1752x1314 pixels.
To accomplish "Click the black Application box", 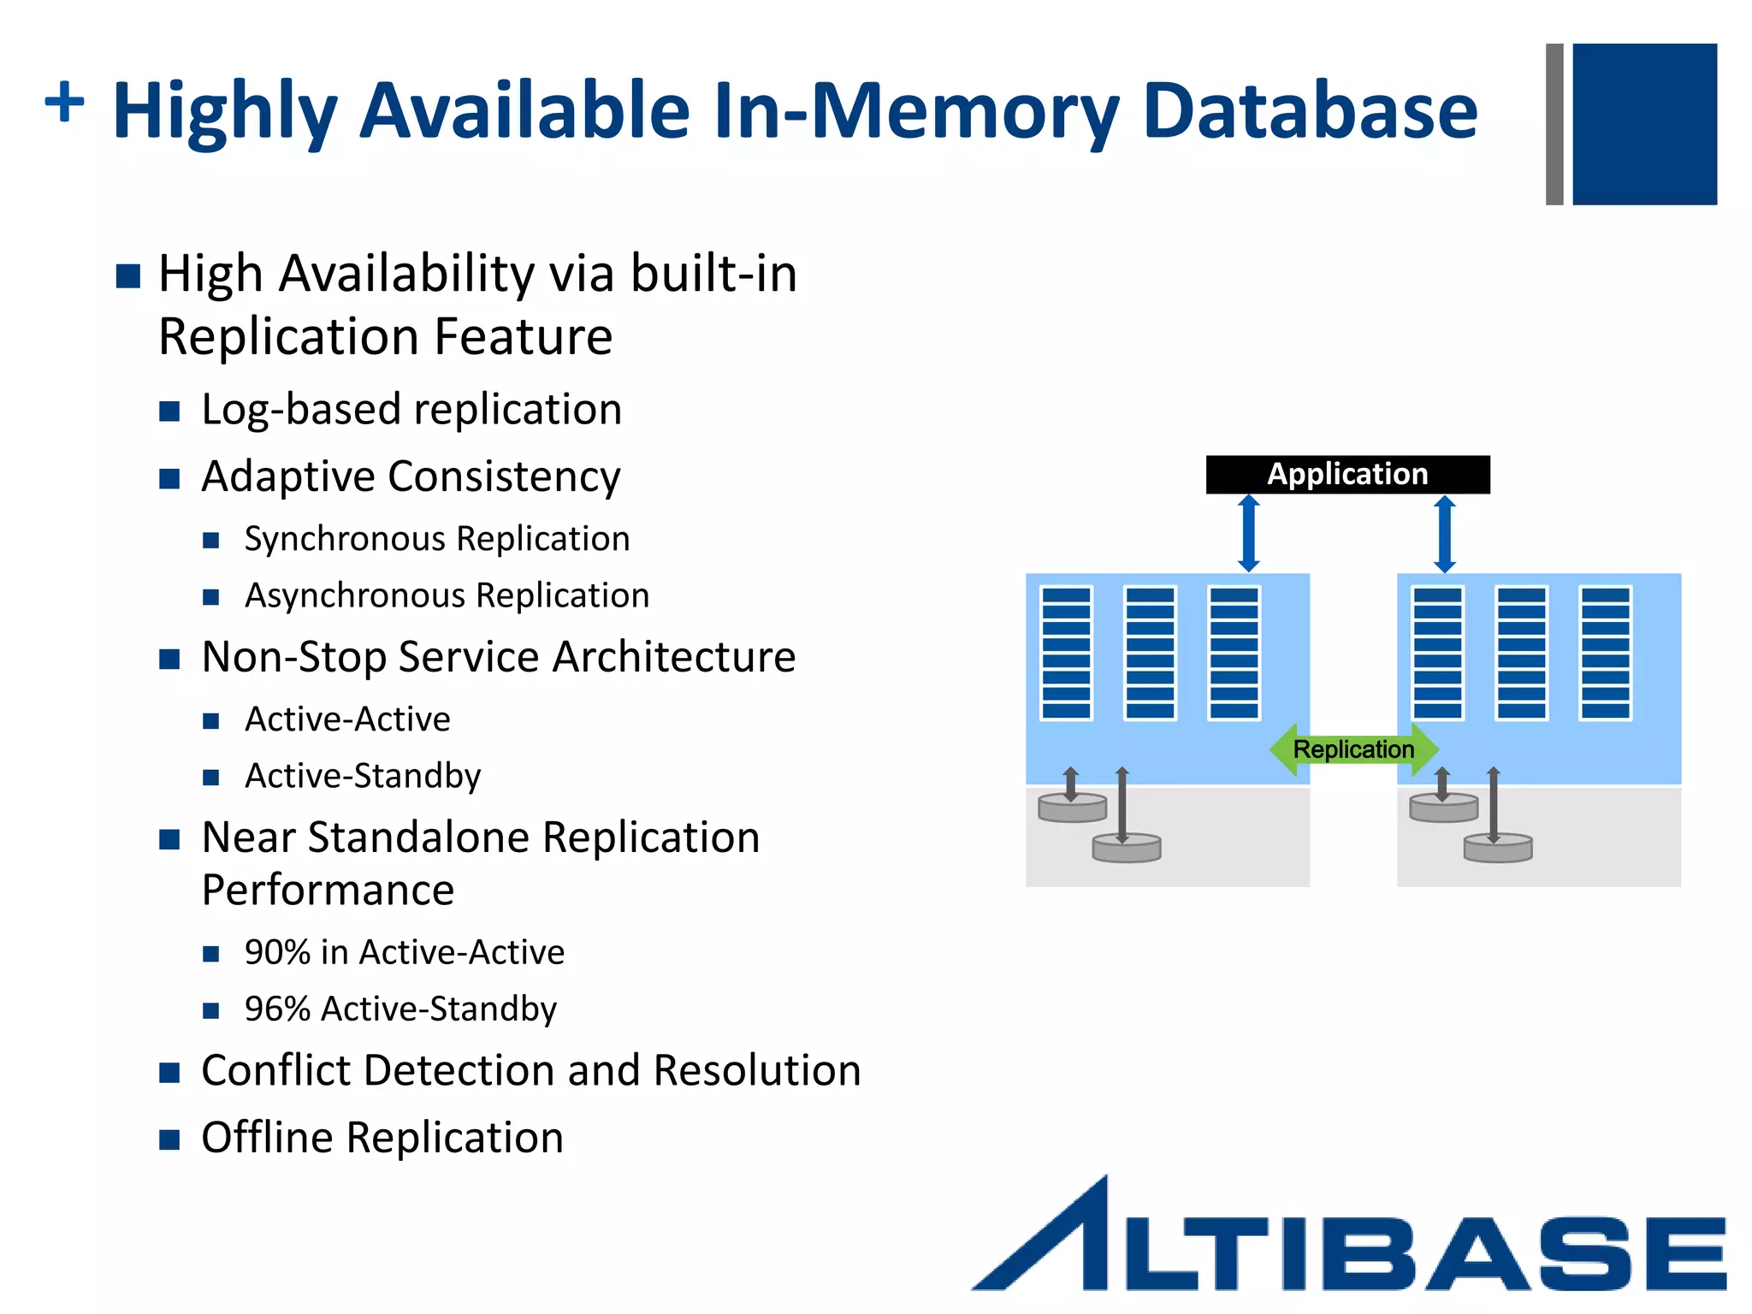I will [1347, 474].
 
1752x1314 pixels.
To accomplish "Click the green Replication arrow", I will [1353, 749].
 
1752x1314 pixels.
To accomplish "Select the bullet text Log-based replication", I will [411, 409].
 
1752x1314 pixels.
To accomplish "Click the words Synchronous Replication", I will [437, 539].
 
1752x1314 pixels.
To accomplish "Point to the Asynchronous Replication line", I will [447, 595].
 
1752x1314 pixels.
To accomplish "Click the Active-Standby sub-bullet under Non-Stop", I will [363, 776].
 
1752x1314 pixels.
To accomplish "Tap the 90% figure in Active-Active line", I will [277, 952].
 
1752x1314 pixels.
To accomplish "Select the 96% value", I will [277, 1009].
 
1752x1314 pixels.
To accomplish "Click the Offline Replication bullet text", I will [382, 1138].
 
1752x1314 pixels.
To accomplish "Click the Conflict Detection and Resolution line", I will [530, 1070].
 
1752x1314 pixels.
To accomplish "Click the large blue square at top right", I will [1644, 124].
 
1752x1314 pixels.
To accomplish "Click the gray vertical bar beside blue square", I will [1554, 124].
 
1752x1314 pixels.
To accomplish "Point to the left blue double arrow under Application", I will [1249, 534].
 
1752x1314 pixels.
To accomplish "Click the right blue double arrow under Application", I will [1445, 534].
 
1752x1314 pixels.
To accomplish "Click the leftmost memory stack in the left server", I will [1066, 653].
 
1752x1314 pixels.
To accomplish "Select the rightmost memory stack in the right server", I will [1605, 653].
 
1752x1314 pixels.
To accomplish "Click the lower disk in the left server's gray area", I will [1127, 849].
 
